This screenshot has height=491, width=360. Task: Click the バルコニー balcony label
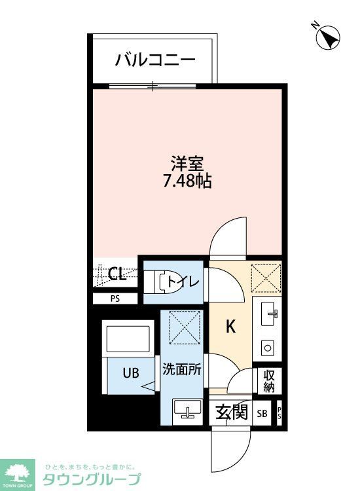pos(155,61)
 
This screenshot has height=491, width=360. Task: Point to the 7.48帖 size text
pos(187,181)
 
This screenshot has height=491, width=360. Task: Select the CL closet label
pos(117,274)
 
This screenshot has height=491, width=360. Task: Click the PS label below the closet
pos(115,299)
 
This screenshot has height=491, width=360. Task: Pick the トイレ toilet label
pos(183,282)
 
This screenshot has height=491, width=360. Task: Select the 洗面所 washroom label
pos(181,369)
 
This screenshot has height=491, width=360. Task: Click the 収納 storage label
pos(269,381)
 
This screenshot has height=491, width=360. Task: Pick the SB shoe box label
pos(262,414)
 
